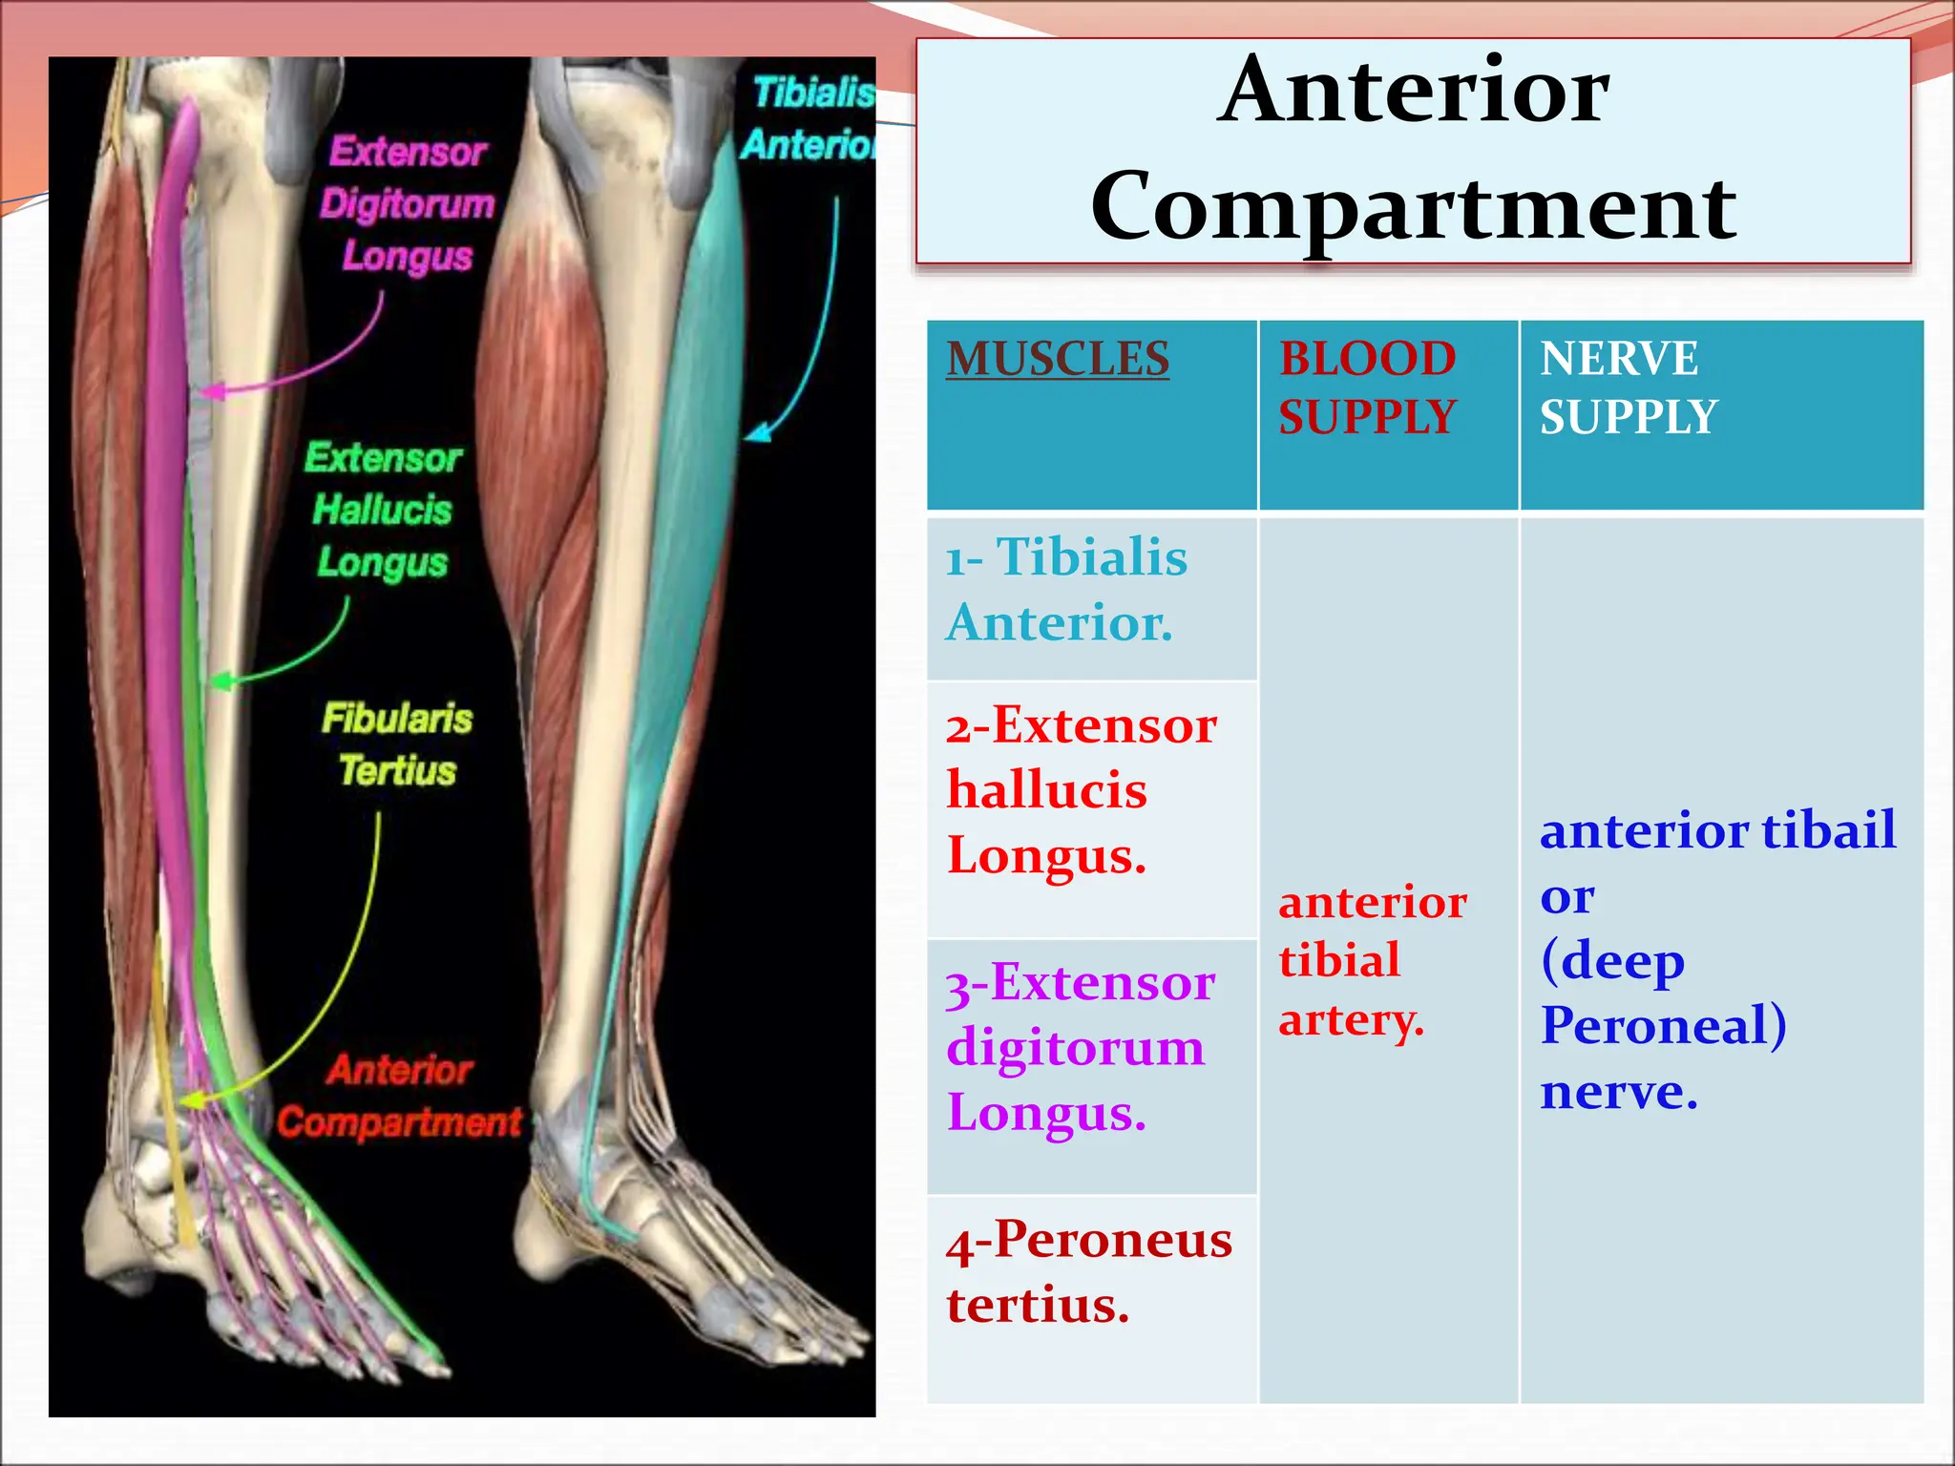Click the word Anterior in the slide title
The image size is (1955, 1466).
point(1413,91)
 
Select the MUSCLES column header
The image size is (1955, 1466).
point(1058,360)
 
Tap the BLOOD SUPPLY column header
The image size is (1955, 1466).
point(1367,388)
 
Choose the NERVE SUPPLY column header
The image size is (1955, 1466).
point(1628,388)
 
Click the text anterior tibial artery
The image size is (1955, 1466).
point(1371,960)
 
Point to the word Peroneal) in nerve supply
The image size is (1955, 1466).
point(1663,1026)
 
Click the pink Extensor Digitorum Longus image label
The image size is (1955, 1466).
point(407,204)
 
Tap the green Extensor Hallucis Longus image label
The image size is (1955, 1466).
point(382,510)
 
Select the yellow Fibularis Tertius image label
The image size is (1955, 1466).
point(397,744)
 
